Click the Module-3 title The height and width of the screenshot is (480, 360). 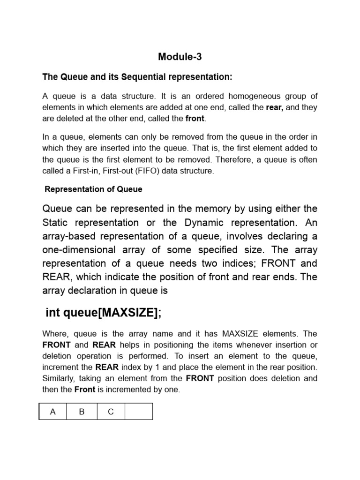pos(180,57)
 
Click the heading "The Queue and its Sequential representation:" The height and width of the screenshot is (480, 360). pos(137,76)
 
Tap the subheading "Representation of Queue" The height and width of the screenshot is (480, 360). pos(93,189)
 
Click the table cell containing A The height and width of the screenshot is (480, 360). pos(53,412)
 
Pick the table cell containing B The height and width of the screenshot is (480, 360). pos(82,412)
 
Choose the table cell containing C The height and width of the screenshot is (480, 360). pos(111,412)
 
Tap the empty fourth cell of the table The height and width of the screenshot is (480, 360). pos(139,412)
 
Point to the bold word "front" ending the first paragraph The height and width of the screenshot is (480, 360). pos(195,119)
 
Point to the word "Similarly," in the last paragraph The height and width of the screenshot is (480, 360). pos(59,378)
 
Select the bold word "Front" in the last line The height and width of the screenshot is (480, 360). pos(86,390)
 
